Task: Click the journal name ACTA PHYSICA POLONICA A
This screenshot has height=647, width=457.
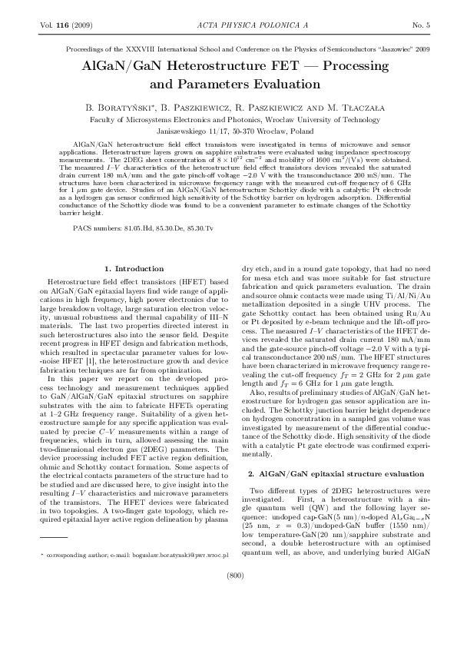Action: [228, 25]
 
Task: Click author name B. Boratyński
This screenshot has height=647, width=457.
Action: [135, 106]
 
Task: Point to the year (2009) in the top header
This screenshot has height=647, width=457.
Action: [81, 25]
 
